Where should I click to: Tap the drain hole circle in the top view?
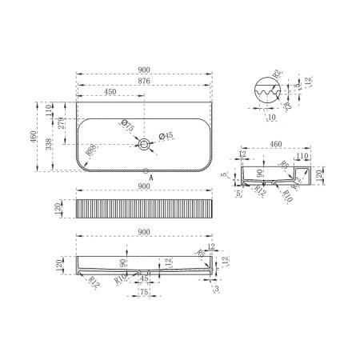tap(145, 145)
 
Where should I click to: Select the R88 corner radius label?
tap(94, 152)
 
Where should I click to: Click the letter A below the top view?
tap(145, 180)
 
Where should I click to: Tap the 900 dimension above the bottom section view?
tap(145, 232)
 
